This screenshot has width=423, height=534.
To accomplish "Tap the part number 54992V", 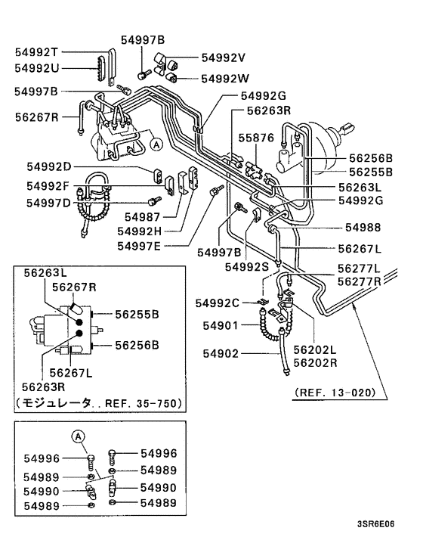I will coord(224,57).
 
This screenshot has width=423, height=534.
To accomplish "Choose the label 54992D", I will coord(48,166).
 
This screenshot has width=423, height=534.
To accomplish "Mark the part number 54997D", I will coord(48,202).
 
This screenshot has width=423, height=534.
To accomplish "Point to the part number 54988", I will coord(364,227).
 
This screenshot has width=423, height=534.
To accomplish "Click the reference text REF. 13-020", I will coord(338,392).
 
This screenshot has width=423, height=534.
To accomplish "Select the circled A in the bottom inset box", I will coord(81,436).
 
